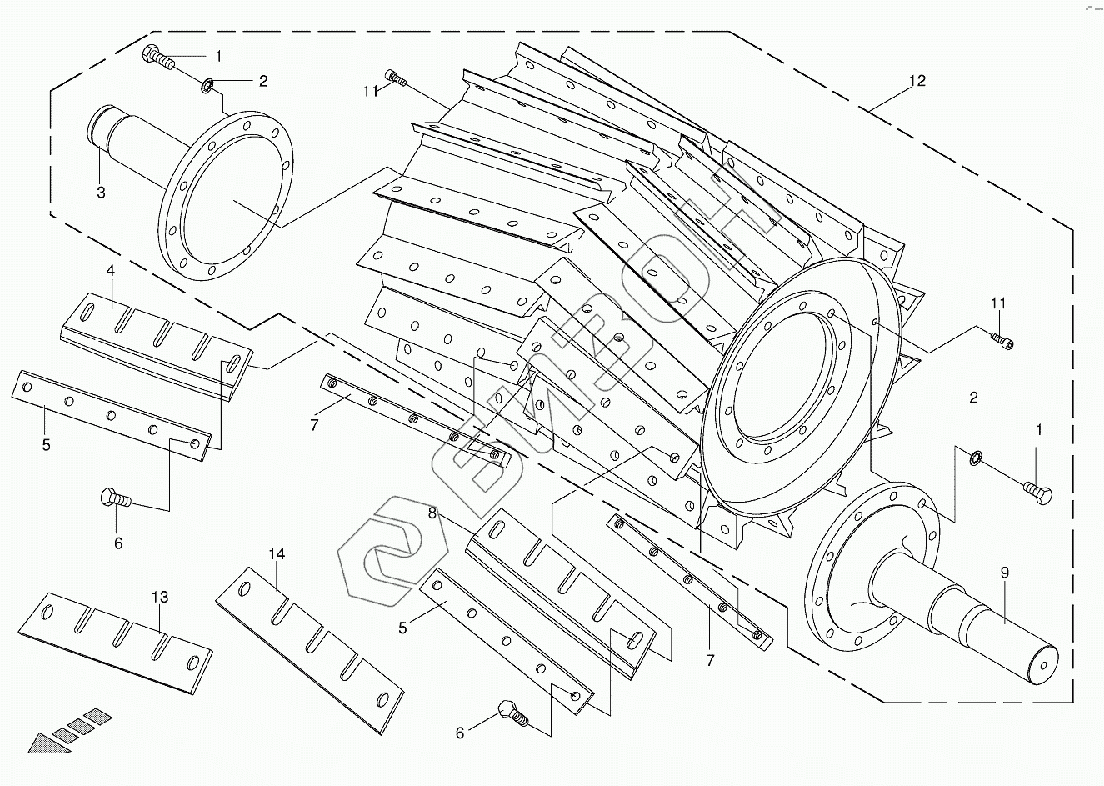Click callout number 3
click(101, 193)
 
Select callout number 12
click(917, 80)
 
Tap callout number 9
click(1005, 573)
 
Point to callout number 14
click(277, 554)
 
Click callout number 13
click(160, 597)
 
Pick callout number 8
click(432, 513)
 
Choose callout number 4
click(110, 270)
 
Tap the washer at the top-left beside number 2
click(207, 85)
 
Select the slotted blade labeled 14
click(310, 650)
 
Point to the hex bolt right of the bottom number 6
click(513, 713)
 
